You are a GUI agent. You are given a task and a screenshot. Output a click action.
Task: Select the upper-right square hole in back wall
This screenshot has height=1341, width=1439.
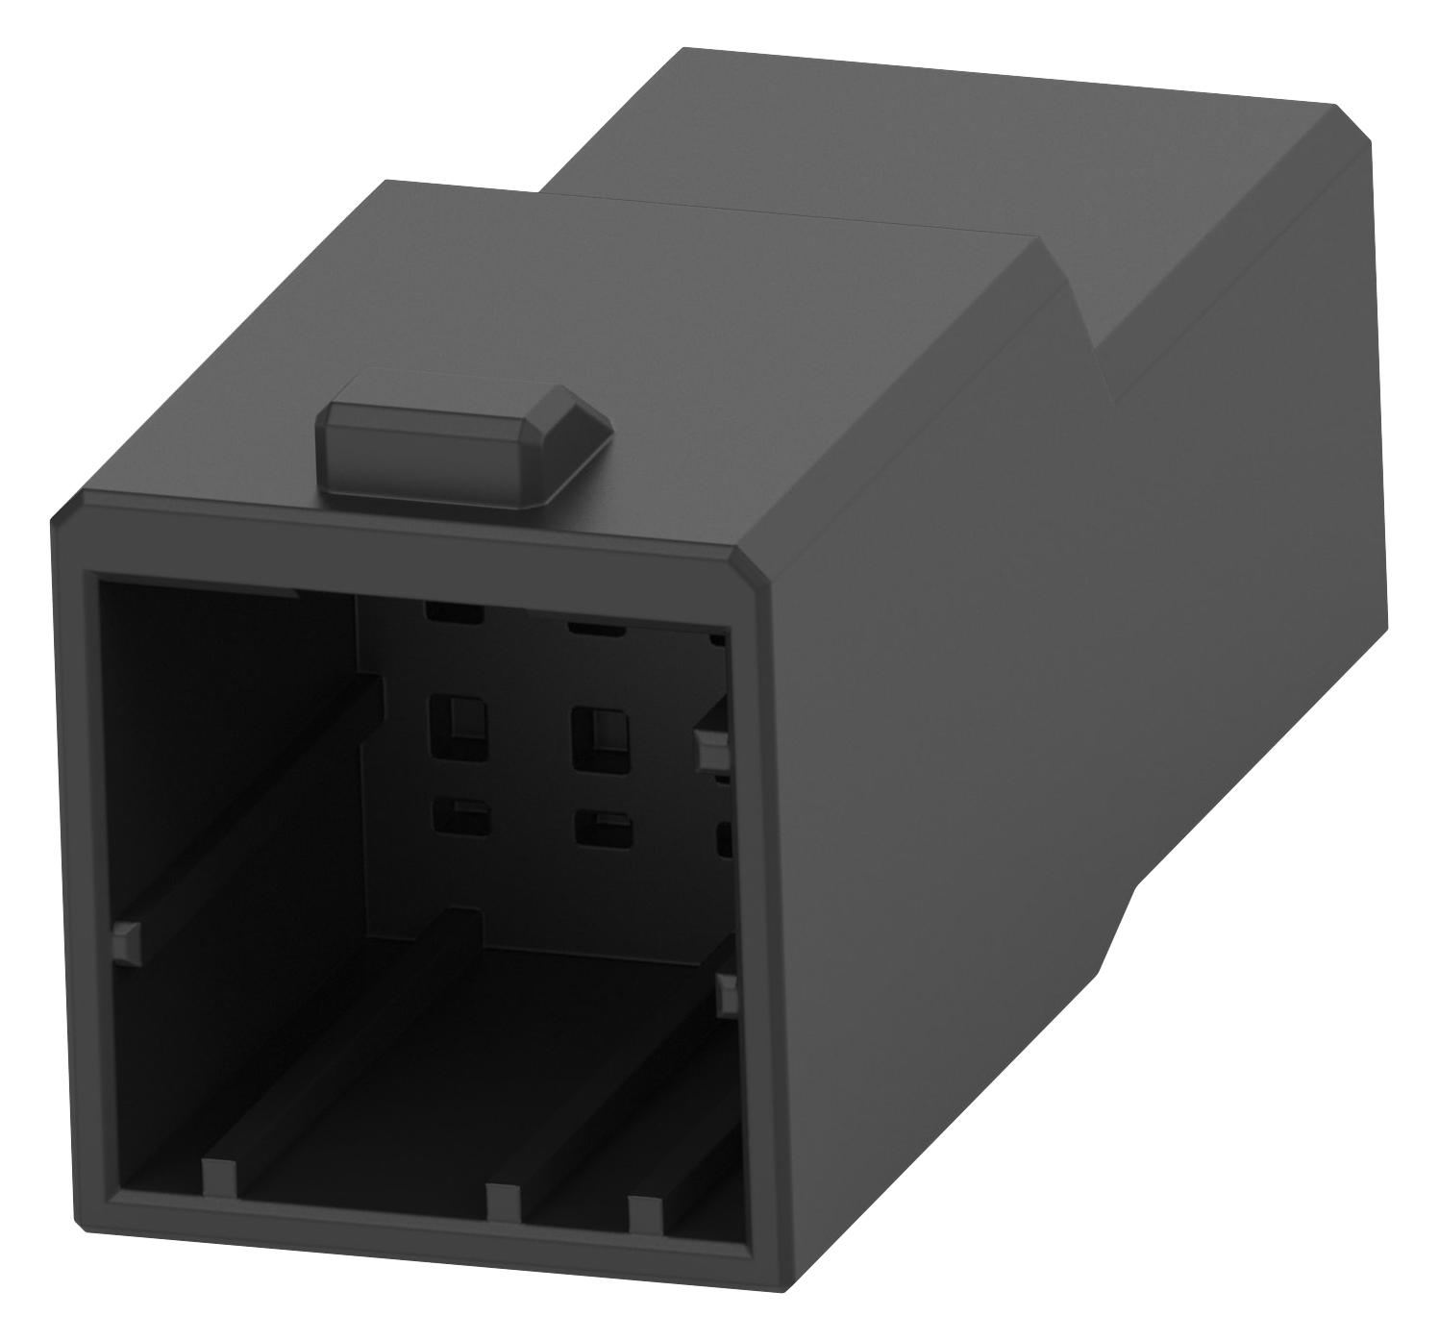point(599,737)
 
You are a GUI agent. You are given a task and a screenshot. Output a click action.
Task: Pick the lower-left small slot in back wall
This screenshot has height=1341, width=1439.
point(462,818)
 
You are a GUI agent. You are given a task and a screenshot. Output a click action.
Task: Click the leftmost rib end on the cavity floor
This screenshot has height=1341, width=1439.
point(220,1179)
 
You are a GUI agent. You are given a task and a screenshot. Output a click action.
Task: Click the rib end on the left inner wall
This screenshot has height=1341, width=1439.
point(127,940)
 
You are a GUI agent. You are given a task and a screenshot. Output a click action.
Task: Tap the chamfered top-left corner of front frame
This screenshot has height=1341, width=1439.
point(70,511)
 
